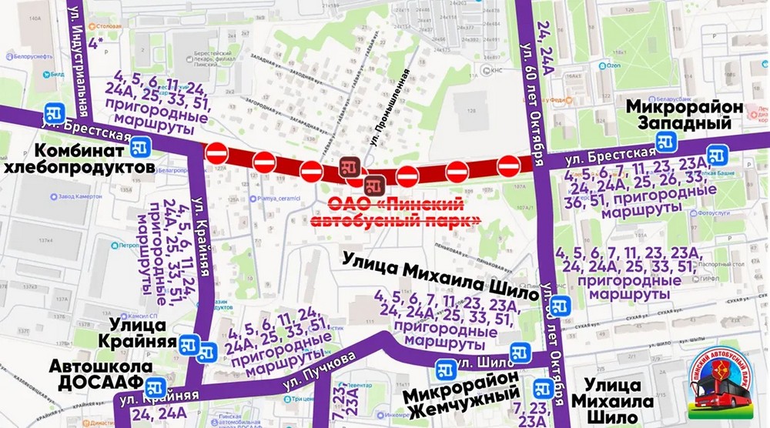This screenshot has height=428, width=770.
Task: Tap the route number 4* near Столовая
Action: pyautogui.click(x=97, y=43)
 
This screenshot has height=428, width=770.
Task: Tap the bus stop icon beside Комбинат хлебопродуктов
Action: pyautogui.click(x=139, y=146)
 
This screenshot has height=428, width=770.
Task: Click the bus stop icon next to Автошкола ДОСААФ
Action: pyautogui.click(x=156, y=386)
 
